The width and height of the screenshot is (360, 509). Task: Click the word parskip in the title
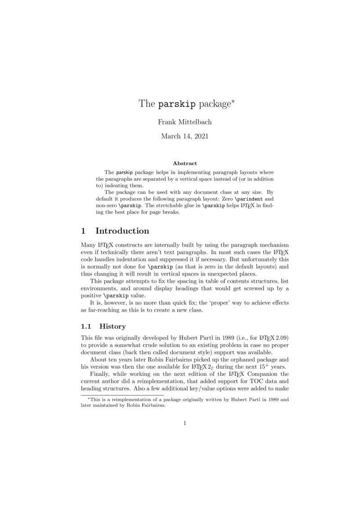click(177, 104)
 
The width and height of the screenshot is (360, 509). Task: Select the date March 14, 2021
click(184, 136)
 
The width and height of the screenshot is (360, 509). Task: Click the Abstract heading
click(184, 163)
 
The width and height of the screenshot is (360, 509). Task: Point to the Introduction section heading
click(122, 231)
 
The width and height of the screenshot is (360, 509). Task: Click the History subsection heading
click(112, 326)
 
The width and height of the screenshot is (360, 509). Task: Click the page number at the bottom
click(184, 422)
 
